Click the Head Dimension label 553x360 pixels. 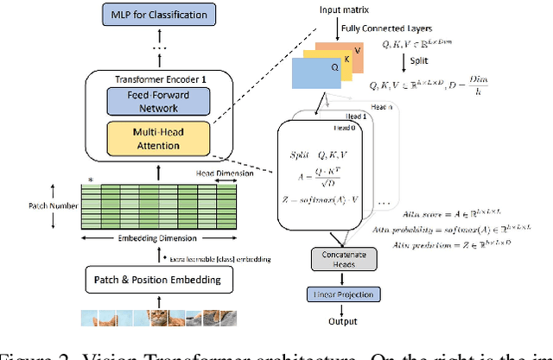coord(224,174)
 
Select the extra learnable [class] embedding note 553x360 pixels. coord(219,260)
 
